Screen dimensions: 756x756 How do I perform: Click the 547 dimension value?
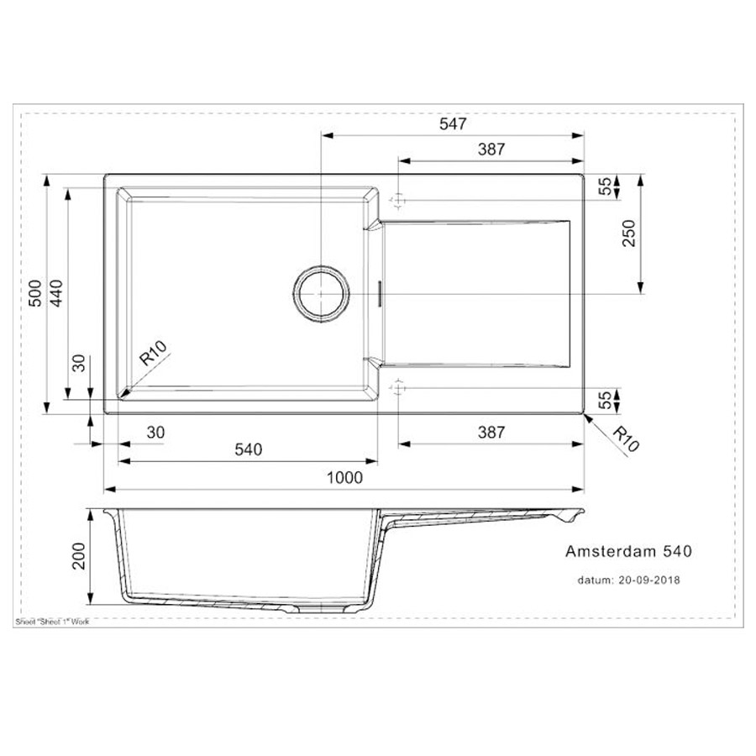[x=453, y=123]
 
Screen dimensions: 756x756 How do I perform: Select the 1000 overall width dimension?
[x=344, y=478]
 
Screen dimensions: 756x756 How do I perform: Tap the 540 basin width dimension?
[x=248, y=450]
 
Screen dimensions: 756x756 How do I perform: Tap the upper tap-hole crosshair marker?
[x=399, y=201]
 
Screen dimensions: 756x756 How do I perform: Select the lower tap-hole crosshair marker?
[x=399, y=387]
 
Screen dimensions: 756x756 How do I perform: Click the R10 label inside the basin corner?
[x=155, y=352]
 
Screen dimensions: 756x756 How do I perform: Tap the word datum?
[x=594, y=580]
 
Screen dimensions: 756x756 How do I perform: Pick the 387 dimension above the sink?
[x=491, y=150]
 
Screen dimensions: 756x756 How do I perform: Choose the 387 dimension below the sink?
[x=491, y=433]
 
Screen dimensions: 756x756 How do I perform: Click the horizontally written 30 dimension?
[x=155, y=433]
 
